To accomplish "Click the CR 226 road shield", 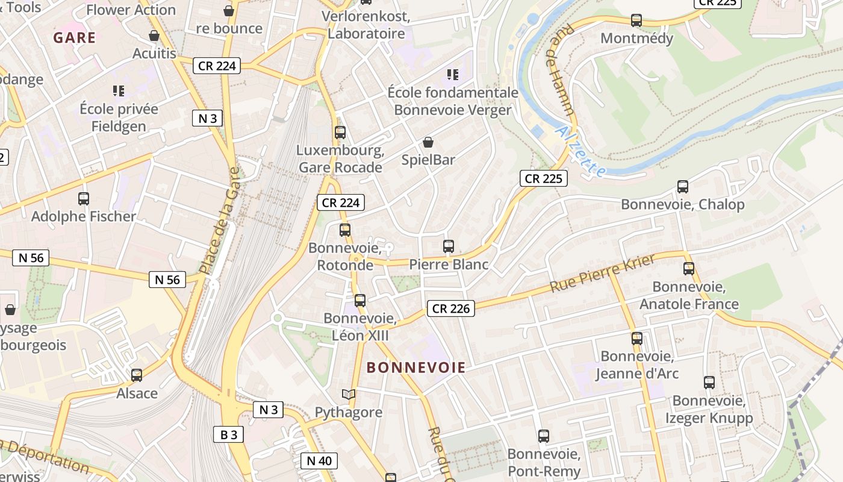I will [x=451, y=308].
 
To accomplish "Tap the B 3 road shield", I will [x=228, y=434].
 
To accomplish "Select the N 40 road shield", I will [x=319, y=461].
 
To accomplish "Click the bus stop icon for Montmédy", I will [x=636, y=20].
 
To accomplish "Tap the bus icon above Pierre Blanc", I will [x=449, y=246].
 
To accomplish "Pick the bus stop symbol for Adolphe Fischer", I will [x=84, y=198].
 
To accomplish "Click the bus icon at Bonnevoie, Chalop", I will [x=682, y=187].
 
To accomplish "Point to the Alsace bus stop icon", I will [x=137, y=375].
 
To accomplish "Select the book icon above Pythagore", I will [x=348, y=395].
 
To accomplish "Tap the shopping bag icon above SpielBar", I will [x=428, y=142].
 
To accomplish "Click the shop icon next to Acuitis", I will [x=154, y=36].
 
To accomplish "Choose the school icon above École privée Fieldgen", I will [x=119, y=91].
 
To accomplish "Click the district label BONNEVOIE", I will [x=416, y=368].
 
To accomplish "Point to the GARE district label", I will [x=75, y=38].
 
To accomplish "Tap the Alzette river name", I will [x=580, y=151].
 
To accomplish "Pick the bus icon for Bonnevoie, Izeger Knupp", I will [x=709, y=382].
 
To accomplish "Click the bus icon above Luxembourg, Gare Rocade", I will [x=340, y=133].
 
